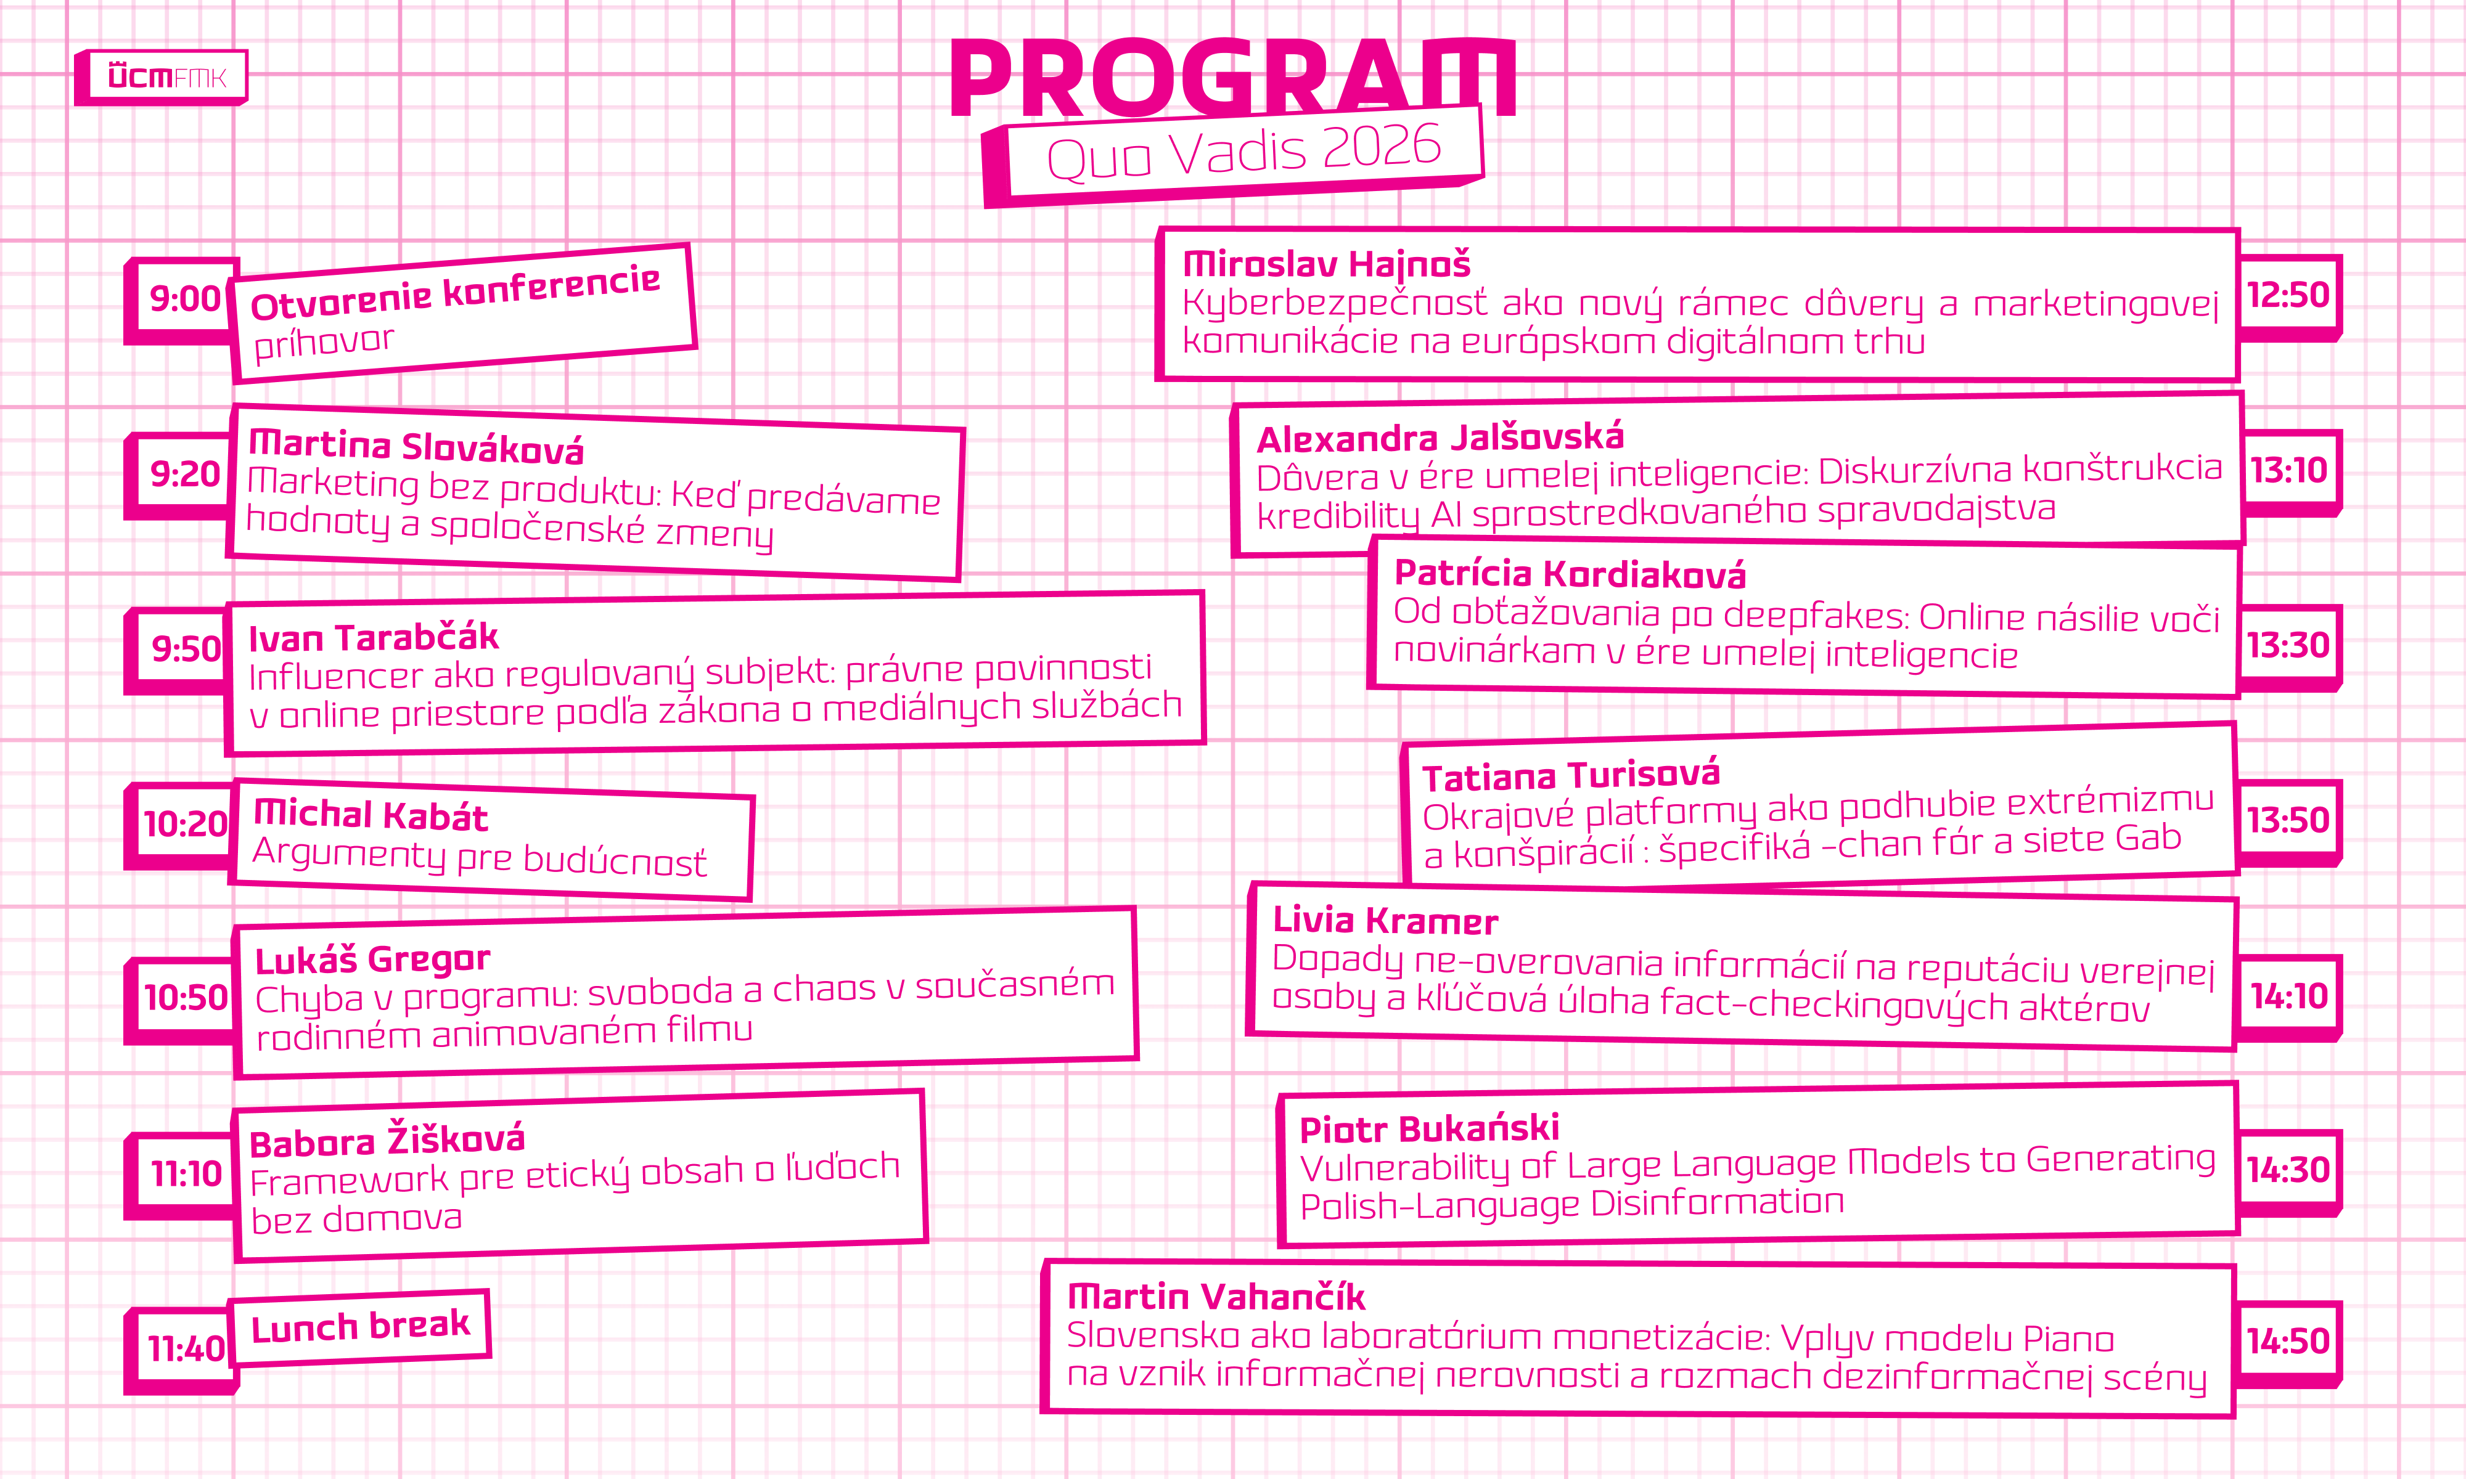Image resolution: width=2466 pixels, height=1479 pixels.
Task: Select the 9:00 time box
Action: point(184,299)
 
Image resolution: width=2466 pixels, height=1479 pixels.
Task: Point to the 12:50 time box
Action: point(2288,296)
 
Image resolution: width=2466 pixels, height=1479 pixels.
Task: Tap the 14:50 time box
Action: point(2288,1342)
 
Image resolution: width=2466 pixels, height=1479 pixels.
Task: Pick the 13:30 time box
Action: point(2288,646)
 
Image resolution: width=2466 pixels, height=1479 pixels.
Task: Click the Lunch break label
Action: point(360,1327)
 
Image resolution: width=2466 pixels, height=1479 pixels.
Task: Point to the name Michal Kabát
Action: point(371,815)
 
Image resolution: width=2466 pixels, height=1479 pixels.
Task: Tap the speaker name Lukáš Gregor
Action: point(373,960)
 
